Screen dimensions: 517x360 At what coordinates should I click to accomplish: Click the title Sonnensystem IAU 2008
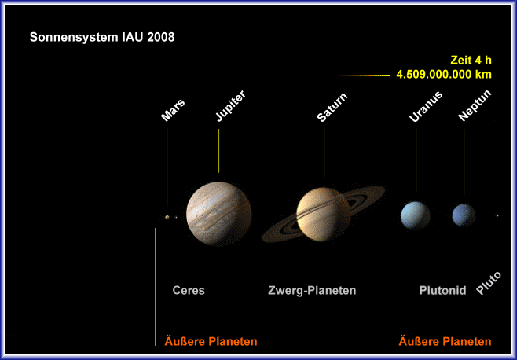(102, 37)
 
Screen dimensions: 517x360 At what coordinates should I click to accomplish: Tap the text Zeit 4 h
(471, 60)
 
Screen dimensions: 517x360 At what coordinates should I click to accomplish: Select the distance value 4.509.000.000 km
(444, 74)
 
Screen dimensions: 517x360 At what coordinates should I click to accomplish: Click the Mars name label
(173, 110)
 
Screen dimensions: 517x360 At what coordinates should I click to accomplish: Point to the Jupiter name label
(230, 105)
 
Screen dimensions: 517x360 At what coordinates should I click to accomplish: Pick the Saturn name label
(332, 107)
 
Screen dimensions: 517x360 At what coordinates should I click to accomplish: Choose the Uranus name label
(425, 107)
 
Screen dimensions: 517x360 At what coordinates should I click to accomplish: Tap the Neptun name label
(475, 105)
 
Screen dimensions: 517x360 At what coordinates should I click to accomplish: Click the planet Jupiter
(219, 214)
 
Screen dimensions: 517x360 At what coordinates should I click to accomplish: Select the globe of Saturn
(323, 214)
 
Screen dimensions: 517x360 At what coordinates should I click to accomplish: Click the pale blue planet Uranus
(416, 215)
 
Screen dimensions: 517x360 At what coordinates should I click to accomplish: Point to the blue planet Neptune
(464, 215)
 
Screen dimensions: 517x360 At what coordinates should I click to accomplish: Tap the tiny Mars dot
(167, 217)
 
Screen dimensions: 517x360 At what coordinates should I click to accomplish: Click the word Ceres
(189, 290)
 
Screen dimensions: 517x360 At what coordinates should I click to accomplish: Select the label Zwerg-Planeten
(312, 290)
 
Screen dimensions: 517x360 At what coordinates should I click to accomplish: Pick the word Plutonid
(442, 290)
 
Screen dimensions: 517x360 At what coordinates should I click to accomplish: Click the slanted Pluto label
(489, 283)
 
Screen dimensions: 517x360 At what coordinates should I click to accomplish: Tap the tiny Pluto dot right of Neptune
(497, 216)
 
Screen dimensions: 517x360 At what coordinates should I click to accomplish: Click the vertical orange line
(155, 287)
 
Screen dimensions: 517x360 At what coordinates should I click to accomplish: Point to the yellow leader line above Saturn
(324, 153)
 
